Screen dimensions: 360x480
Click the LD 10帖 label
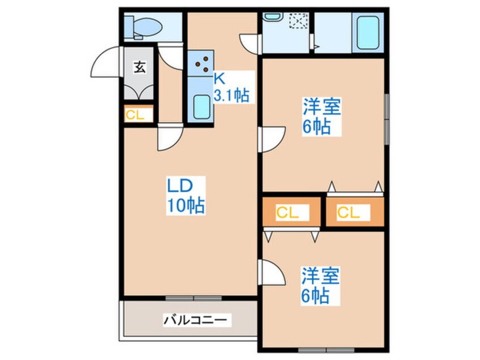click(185, 195)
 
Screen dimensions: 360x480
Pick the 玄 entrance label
click(139, 67)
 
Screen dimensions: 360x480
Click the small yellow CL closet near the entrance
click(138, 115)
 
